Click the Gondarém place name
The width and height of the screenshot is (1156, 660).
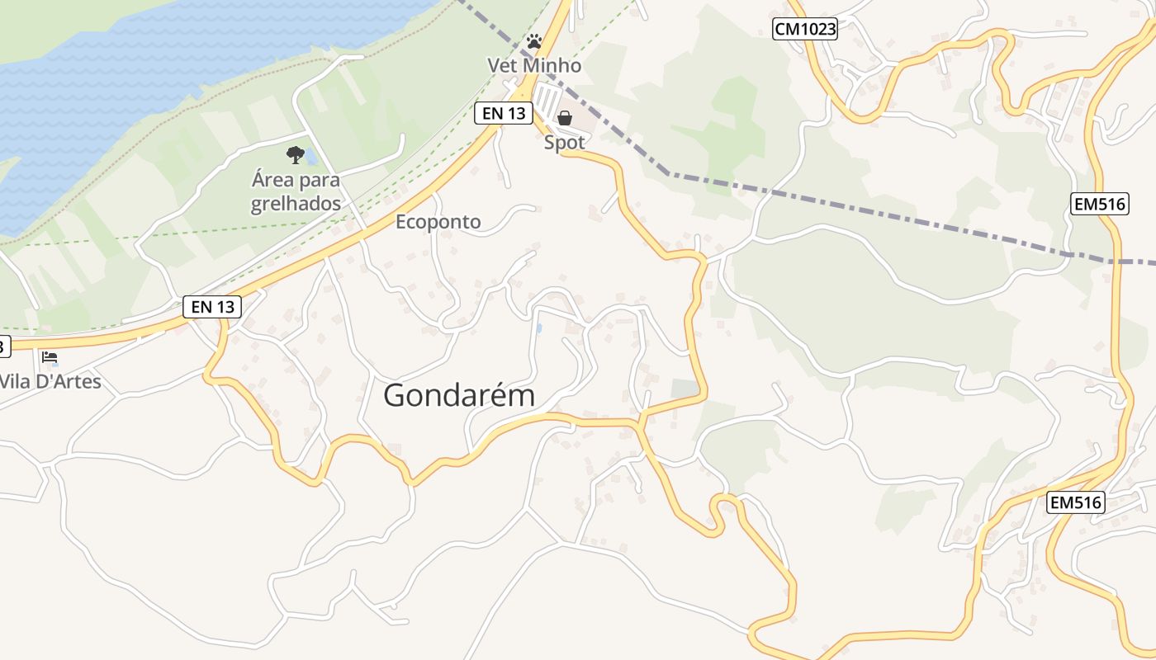[459, 396]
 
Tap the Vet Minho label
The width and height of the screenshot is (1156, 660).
[534, 65]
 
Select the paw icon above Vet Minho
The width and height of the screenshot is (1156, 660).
[534, 40]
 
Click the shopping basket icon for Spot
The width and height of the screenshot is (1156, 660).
[565, 118]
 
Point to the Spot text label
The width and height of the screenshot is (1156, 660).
[565, 143]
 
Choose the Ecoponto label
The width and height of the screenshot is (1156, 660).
[438, 222]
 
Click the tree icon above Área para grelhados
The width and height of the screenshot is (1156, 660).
[295, 154]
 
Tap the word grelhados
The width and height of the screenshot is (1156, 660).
[296, 204]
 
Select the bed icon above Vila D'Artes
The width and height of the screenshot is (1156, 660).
[50, 357]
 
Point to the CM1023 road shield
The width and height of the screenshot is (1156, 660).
[805, 30]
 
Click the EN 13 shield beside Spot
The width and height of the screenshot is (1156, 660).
[503, 114]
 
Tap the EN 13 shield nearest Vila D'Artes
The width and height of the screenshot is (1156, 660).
[212, 307]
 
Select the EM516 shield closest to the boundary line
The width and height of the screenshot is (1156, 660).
[1100, 204]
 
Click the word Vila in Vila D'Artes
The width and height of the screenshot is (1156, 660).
[16, 382]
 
